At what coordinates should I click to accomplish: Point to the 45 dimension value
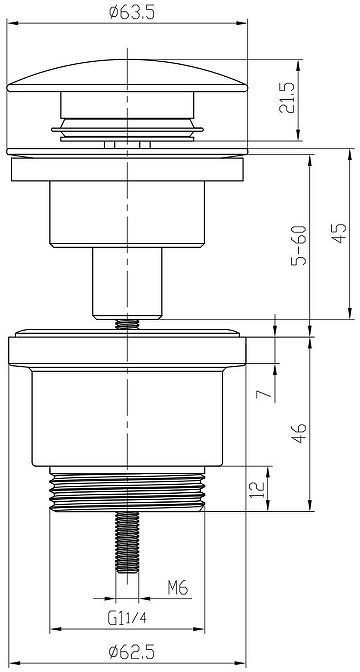point(340,233)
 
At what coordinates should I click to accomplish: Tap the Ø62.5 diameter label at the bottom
point(129,654)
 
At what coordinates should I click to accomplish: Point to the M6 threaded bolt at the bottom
point(127,545)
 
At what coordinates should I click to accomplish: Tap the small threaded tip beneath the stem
point(127,323)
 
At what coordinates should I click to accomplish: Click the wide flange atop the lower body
point(127,350)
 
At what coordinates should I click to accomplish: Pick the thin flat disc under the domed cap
point(127,152)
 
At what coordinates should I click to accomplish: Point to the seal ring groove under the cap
point(127,128)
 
